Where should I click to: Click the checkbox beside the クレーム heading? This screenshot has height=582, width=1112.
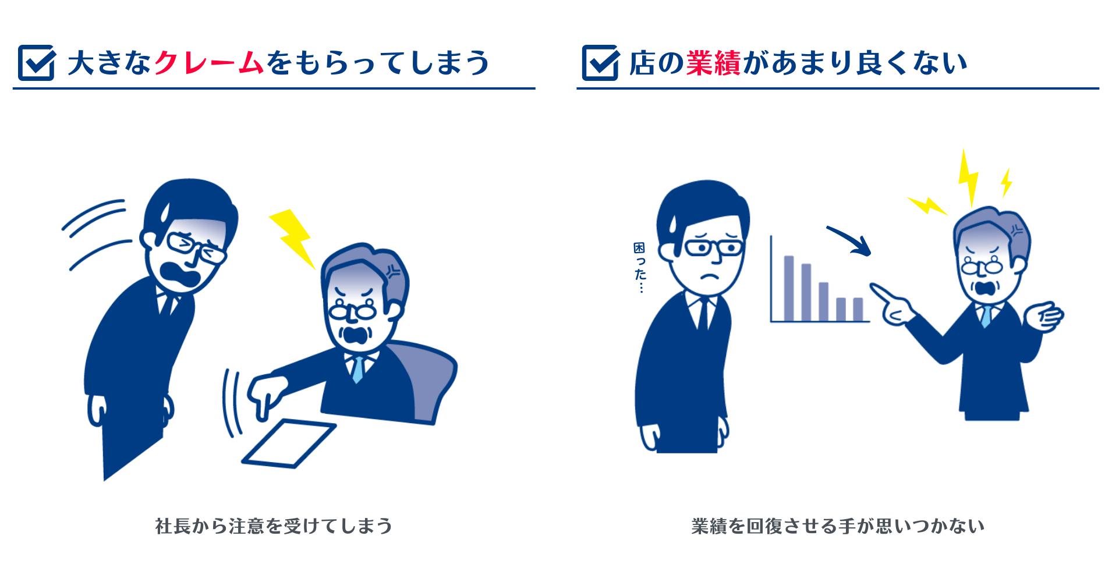click(36, 63)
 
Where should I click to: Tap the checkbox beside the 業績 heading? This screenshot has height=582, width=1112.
click(600, 63)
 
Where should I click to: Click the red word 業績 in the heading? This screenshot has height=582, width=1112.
click(713, 63)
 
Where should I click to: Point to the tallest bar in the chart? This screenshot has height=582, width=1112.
click(789, 288)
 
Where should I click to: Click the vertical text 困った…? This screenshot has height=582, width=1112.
click(640, 268)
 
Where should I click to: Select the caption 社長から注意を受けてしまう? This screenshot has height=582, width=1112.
click(274, 526)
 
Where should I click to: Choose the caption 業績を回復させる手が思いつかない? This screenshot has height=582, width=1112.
click(837, 526)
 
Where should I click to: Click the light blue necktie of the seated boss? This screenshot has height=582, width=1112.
click(357, 369)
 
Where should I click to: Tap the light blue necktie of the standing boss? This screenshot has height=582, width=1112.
click(986, 316)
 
